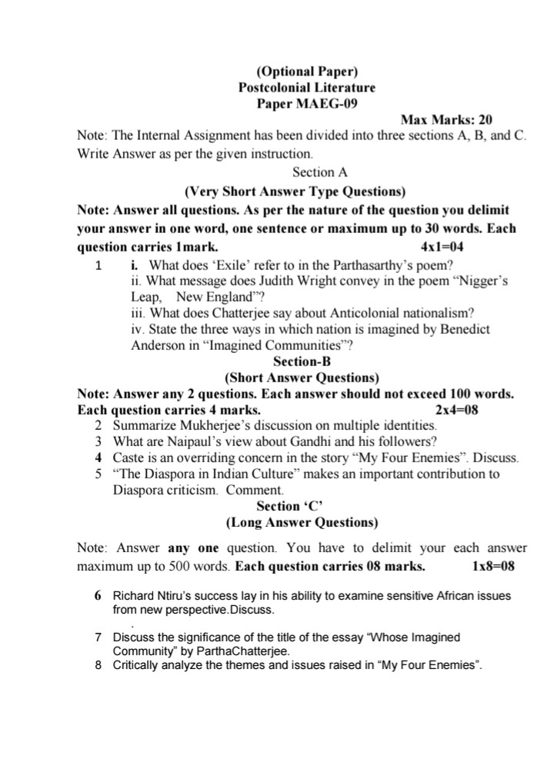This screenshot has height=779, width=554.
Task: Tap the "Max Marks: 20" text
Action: pyautogui.click(x=446, y=119)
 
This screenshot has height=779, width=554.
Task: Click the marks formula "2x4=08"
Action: pyautogui.click(x=456, y=410)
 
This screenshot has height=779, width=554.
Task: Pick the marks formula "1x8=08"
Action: pyautogui.click(x=492, y=567)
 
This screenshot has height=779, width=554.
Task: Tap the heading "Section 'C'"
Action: pyautogui.click(x=289, y=506)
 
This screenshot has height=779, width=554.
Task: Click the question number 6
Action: pyautogui.click(x=98, y=596)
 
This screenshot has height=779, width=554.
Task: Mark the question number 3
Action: pyautogui.click(x=98, y=441)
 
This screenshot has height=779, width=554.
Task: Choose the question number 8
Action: pyautogui.click(x=98, y=664)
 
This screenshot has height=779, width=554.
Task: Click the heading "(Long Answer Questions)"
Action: pyautogui.click(x=302, y=523)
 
